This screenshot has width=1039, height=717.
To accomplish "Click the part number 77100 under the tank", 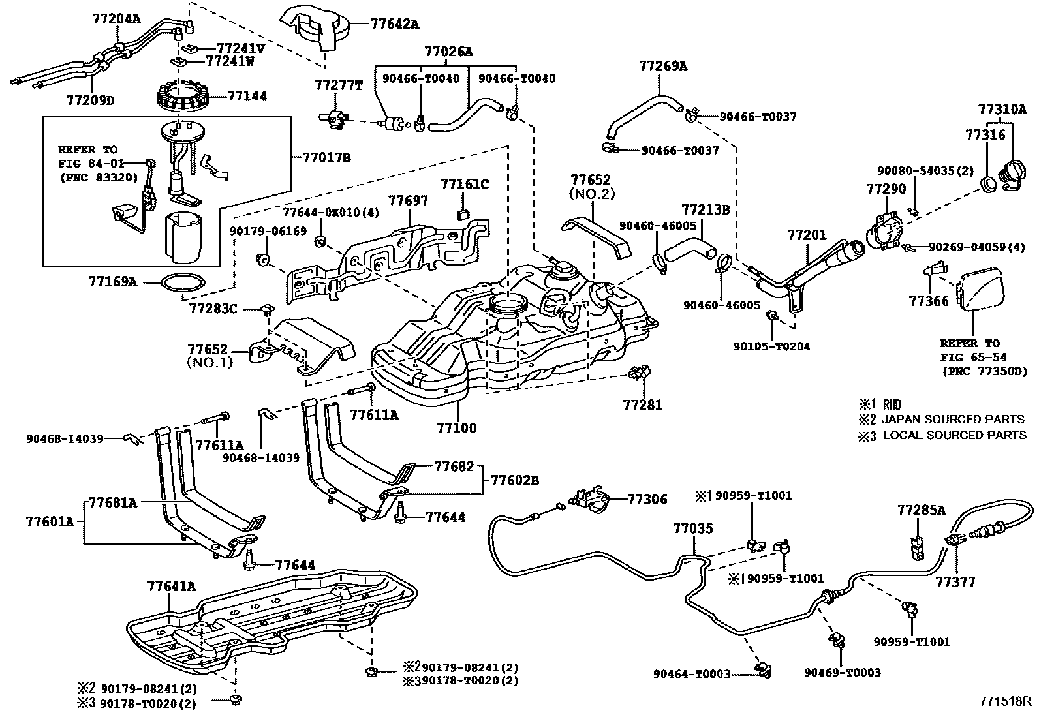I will (x=456, y=428).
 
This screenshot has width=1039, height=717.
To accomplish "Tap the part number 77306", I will (x=647, y=499).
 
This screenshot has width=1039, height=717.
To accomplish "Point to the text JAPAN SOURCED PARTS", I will (x=952, y=420).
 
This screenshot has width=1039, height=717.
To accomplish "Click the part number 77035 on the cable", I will (x=693, y=528).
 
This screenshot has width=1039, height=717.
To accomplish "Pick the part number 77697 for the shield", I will (x=409, y=200).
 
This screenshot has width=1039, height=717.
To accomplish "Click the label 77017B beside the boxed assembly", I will (x=326, y=157).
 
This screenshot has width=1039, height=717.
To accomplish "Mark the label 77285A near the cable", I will (x=921, y=510).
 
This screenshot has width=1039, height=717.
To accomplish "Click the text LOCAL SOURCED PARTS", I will (x=954, y=435).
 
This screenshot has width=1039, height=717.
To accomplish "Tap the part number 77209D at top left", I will (x=90, y=100).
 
